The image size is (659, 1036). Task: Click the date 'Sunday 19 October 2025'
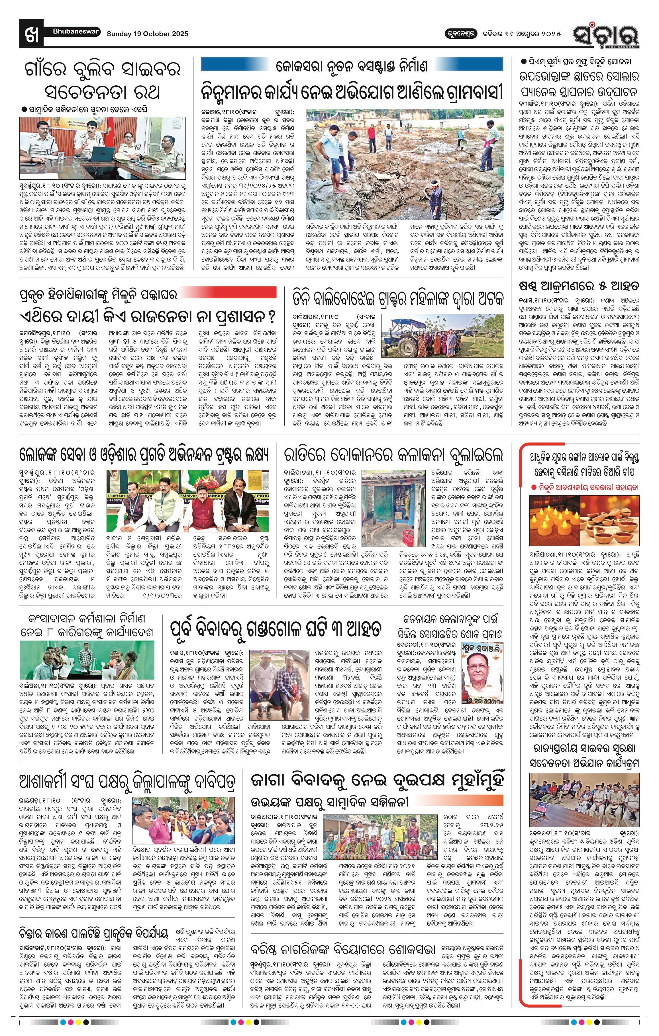pos(147,34)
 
